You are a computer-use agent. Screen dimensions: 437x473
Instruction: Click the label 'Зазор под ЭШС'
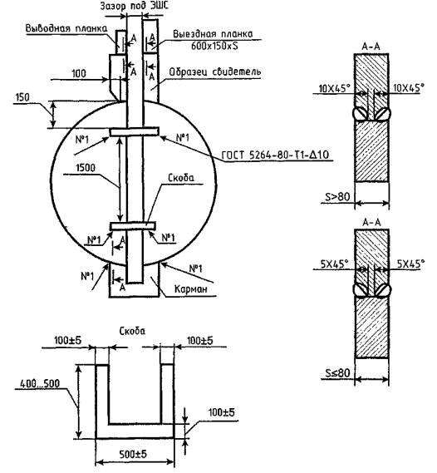(x=135, y=6)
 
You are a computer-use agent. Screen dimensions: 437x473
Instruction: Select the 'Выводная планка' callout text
(x=66, y=28)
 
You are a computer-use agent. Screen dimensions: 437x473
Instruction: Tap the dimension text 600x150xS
(x=214, y=46)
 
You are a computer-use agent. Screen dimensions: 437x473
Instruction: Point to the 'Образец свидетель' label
(x=215, y=72)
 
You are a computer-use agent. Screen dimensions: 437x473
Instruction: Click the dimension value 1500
(x=86, y=168)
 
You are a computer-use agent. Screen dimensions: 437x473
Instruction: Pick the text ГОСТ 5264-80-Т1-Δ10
(x=275, y=155)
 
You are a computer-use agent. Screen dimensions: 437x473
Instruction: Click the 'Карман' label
(x=191, y=289)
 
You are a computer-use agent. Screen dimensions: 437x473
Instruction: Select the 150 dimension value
(x=22, y=97)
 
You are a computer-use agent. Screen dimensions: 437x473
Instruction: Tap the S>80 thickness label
(x=337, y=197)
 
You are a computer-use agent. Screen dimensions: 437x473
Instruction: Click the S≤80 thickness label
(x=337, y=373)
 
